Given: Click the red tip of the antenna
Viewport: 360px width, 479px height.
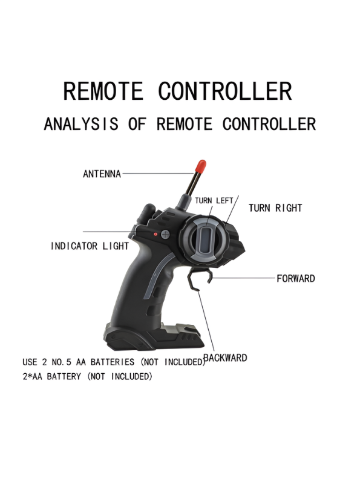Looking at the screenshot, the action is pos(201,166).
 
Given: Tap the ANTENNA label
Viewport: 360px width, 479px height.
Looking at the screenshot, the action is pos(102,174).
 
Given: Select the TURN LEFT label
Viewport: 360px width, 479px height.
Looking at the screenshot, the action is pos(214,200).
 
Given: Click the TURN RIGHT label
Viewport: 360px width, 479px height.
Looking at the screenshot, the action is pos(275,208).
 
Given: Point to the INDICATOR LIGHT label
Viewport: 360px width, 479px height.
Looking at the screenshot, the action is pos(90,246).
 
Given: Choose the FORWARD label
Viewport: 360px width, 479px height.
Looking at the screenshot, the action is pos(295,279).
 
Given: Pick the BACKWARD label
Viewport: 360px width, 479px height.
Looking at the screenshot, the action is pos(225,357).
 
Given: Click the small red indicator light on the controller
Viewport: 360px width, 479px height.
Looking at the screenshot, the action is pos(155,234).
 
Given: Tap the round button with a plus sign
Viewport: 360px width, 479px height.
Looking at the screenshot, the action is pos(165,234).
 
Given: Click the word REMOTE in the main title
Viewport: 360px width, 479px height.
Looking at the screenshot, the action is pos(103,91).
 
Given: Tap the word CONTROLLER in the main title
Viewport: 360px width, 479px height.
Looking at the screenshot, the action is pos(225,91).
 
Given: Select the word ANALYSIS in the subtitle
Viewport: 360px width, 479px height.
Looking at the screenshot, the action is pos(81,124).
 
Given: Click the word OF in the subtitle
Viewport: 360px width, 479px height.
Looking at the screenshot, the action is pos(137,124).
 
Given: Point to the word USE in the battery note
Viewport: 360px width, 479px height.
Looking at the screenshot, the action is pos(29,362).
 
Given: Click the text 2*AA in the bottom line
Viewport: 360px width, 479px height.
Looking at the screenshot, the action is pos(32,376).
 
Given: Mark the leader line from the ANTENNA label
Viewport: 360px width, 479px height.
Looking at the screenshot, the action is pos(158,174).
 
